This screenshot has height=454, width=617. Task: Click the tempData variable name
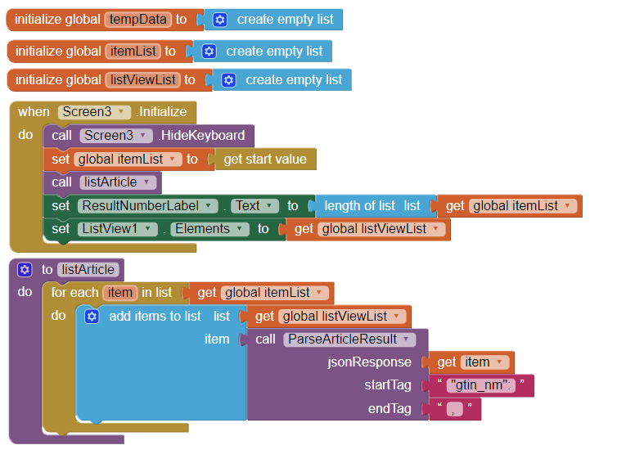tap(137, 20)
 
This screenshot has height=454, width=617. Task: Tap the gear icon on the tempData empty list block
tap(219, 20)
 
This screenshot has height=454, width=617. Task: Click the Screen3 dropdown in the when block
tap(95, 112)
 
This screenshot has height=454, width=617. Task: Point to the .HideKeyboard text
tap(201, 136)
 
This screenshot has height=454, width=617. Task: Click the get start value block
tap(264, 160)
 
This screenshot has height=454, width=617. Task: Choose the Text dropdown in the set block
tap(254, 206)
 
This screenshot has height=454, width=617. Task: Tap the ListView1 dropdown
tap(118, 229)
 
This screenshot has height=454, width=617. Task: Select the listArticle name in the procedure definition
tap(88, 269)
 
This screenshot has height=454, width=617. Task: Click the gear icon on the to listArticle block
tap(25, 269)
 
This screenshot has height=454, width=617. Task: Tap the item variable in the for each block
tap(120, 293)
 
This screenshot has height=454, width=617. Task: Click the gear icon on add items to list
tap(92, 316)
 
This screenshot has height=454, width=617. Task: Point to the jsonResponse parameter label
tap(370, 362)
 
